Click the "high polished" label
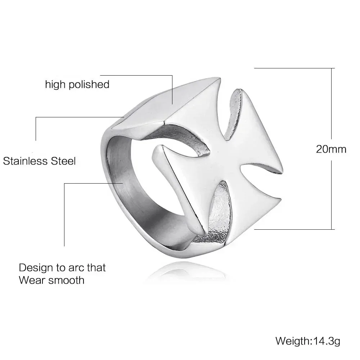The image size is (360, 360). (x=77, y=85)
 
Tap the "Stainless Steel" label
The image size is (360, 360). (x=40, y=161)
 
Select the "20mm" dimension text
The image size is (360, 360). (x=331, y=149)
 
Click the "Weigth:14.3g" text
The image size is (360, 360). (x=308, y=340)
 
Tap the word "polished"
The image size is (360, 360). (x=90, y=85)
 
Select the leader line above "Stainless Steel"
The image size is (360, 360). (x=79, y=117)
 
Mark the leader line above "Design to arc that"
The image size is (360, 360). (x=94, y=183)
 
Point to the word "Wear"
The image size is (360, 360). (x=31, y=280)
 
